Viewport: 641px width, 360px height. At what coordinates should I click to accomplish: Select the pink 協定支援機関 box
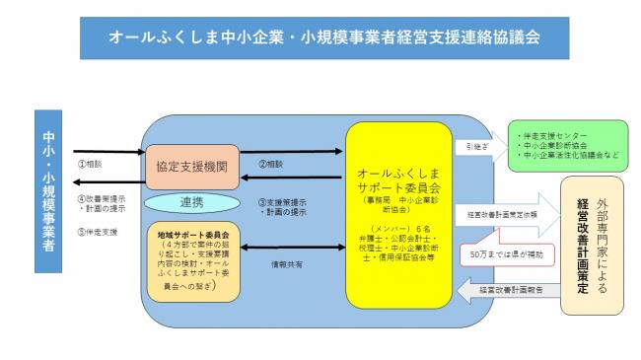[x=192, y=169]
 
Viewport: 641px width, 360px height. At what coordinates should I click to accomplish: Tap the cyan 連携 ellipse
[x=192, y=201]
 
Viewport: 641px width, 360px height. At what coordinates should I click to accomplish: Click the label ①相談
[x=90, y=162]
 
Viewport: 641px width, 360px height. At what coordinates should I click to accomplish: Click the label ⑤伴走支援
[x=97, y=233]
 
